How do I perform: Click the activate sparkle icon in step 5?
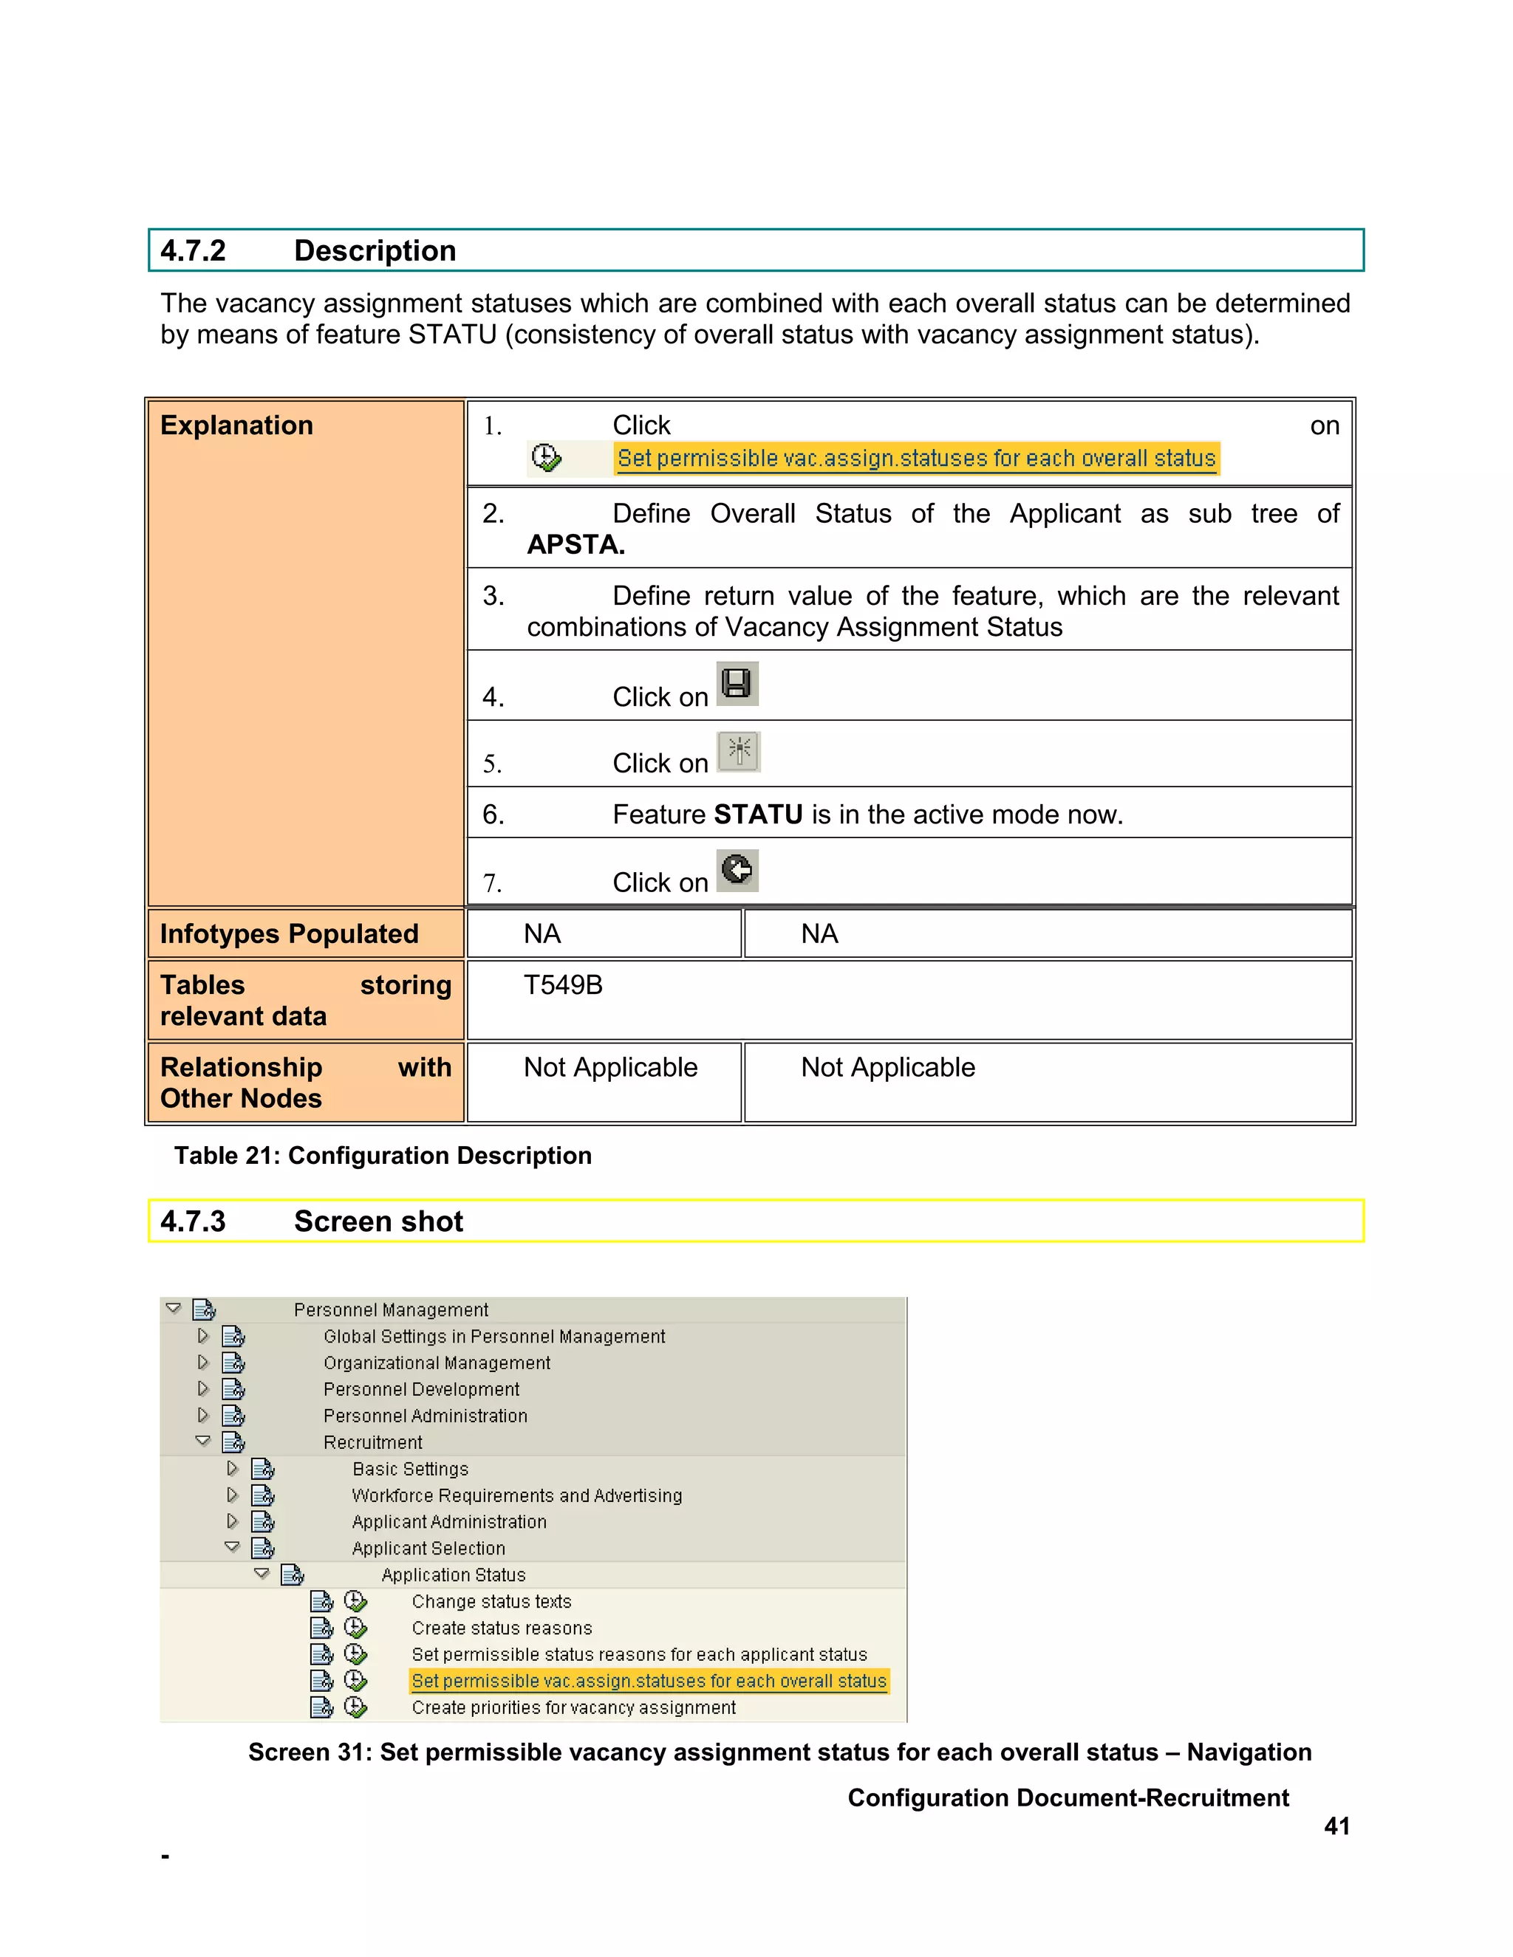click(x=739, y=751)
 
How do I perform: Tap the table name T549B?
click(x=563, y=984)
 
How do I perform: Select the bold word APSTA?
click(x=576, y=545)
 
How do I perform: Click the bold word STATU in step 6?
click(x=757, y=815)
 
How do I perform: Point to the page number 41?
click(x=1336, y=1826)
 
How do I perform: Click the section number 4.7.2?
click(x=193, y=251)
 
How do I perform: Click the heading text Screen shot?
click(x=378, y=1221)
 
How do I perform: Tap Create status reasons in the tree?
click(x=502, y=1628)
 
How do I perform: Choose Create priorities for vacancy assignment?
click(x=573, y=1708)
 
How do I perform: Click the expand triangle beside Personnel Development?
click(x=203, y=1389)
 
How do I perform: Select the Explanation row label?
click(x=236, y=425)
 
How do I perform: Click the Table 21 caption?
click(x=383, y=1156)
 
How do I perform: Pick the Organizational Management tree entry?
click(x=437, y=1363)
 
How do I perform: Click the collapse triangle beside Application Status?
click(x=262, y=1574)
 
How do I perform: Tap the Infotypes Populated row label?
click(x=289, y=933)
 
